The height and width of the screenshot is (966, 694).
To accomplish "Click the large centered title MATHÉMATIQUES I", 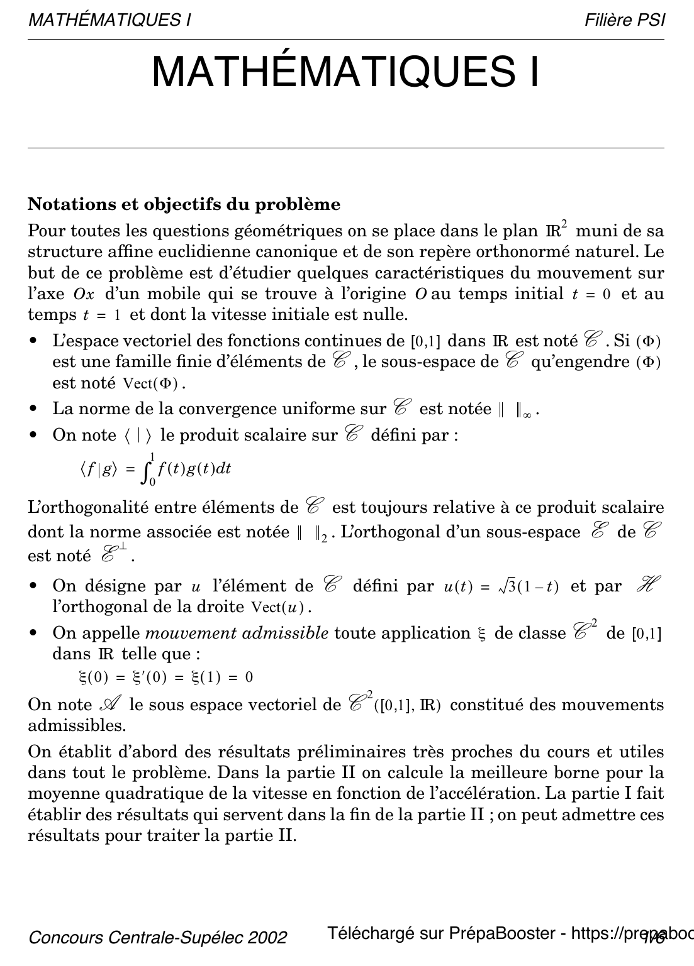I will click(345, 72).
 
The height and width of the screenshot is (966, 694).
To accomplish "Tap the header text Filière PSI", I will click(624, 20).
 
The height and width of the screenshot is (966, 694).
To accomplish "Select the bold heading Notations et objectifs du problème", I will click(184, 204).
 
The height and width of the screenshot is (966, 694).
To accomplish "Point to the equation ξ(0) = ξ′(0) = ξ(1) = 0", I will click(165, 677).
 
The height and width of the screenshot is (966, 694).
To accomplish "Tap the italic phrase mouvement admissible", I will click(237, 633).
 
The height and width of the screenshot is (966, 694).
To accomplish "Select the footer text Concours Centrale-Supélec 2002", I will click(158, 937).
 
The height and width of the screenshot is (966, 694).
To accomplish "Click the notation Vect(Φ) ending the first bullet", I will click(154, 383).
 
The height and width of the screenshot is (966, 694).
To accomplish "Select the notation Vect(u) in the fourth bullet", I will click(281, 607).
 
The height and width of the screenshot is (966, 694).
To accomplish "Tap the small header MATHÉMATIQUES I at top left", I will click(109, 20).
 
